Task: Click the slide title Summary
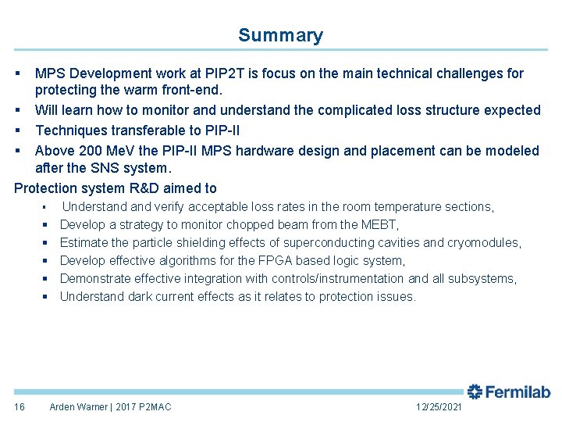pos(280,35)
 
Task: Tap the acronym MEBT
pos(379,224)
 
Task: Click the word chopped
pos(251,224)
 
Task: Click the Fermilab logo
pos(509,392)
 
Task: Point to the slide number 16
pos(20,407)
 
